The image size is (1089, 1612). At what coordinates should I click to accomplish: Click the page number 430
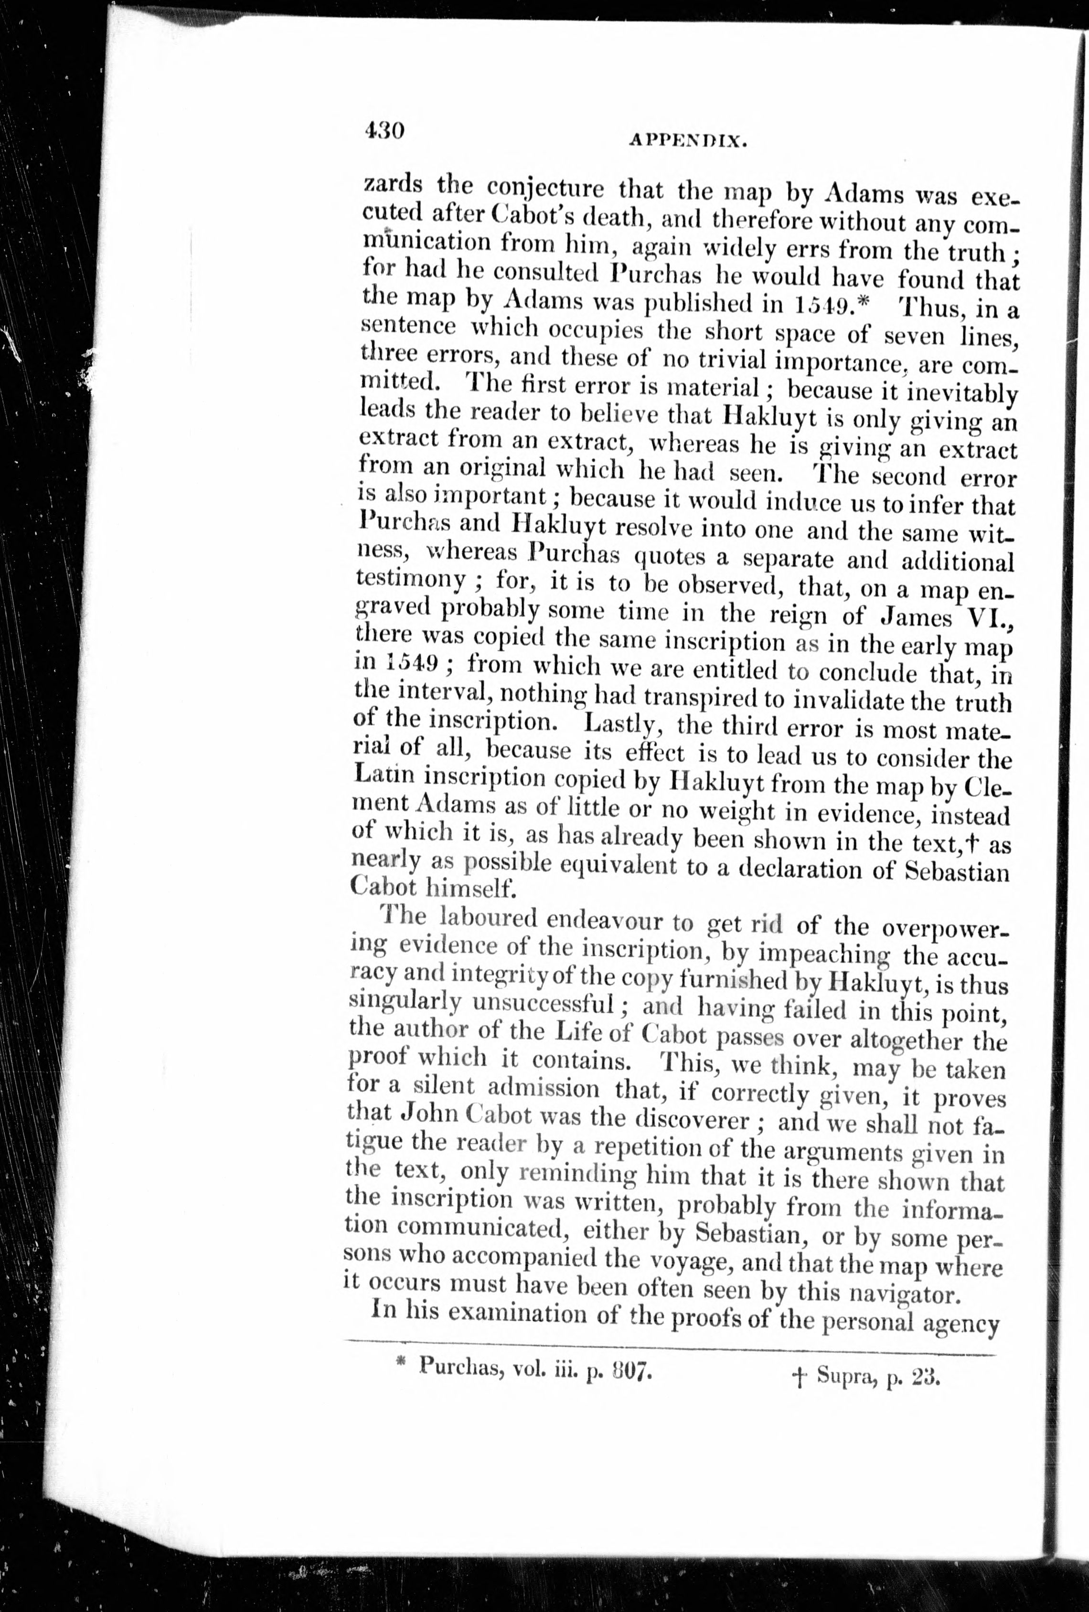coord(383,130)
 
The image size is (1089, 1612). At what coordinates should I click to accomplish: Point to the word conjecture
coord(545,187)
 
